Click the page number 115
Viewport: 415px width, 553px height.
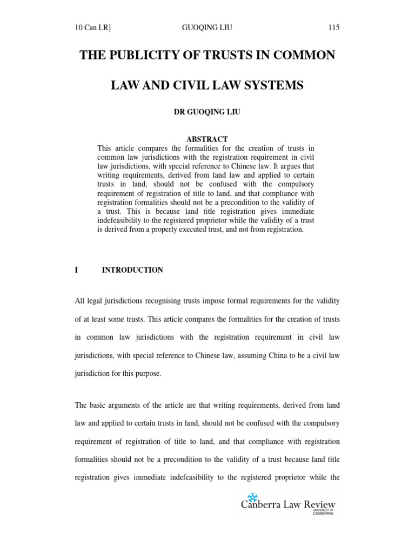333,28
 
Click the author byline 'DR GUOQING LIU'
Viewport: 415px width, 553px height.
207,112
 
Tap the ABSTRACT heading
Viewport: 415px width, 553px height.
207,139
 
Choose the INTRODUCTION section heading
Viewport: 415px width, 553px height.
132,270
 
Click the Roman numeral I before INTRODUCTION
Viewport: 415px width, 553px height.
77,270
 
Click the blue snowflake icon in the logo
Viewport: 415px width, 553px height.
252,497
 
